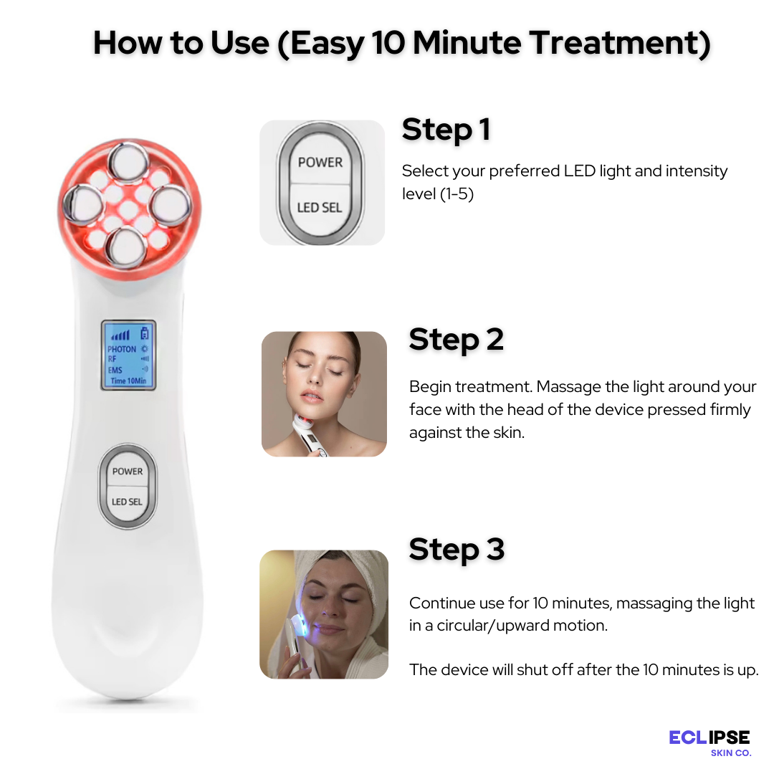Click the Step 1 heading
point(446,130)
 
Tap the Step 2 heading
point(456,340)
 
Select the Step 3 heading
point(457,550)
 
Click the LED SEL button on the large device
point(127,502)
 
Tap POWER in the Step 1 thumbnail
point(320,162)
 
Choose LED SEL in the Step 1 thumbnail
point(320,208)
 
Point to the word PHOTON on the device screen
point(121,349)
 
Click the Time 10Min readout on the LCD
point(128,381)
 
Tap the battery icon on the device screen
point(144,333)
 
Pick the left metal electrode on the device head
point(82,204)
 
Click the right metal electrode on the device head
point(171,204)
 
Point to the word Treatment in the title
point(621,43)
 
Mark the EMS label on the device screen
point(115,371)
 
